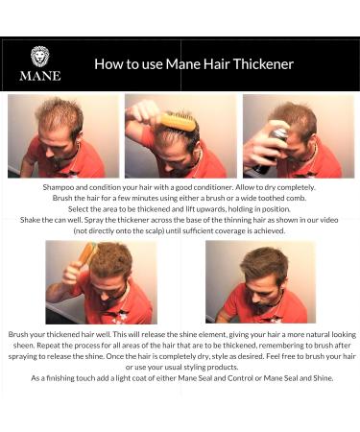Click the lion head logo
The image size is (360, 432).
(x=39, y=56)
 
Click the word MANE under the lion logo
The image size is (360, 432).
(x=39, y=75)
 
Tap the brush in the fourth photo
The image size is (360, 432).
(x=86, y=254)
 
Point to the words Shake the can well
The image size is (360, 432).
(x=84, y=221)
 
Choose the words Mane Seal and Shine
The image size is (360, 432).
(x=297, y=377)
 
